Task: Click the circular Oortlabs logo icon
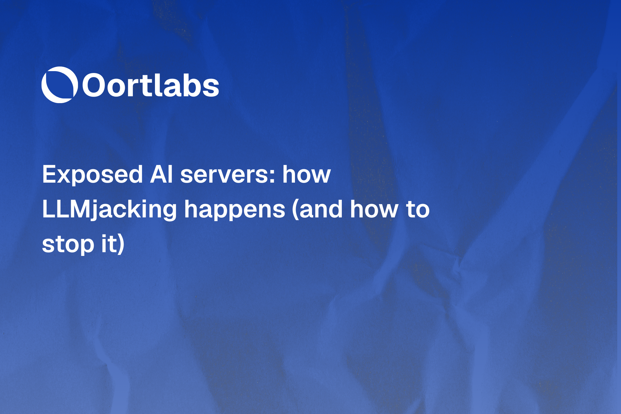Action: pos(59,85)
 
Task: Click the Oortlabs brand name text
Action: pos(151,85)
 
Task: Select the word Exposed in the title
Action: pos(92,175)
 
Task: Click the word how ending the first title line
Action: pos(306,175)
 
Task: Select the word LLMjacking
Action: pos(109,210)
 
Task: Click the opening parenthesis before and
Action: pos(295,210)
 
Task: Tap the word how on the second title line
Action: pos(374,209)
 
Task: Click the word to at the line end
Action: pos(418,209)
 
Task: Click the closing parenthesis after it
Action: pos(121,244)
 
